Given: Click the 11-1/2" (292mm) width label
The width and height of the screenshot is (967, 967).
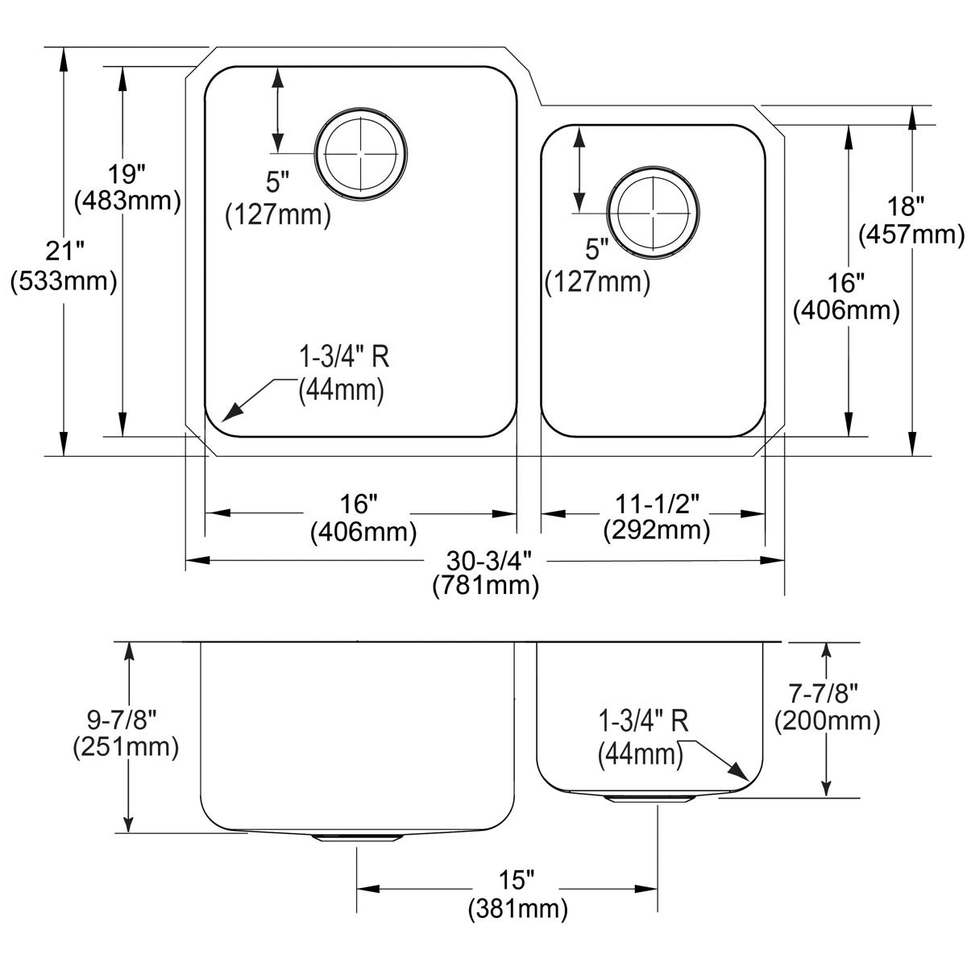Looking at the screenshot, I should click(x=656, y=517).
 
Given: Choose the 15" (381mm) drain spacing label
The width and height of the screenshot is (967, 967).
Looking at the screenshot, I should click(x=517, y=896).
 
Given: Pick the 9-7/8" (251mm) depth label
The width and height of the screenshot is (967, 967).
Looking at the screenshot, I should click(x=125, y=733).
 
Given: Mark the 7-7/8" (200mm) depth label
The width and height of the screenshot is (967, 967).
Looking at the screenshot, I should click(x=827, y=707).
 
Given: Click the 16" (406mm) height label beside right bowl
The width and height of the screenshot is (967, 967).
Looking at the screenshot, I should click(x=846, y=297).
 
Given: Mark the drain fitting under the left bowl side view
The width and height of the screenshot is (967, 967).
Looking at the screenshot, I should click(x=356, y=839).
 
